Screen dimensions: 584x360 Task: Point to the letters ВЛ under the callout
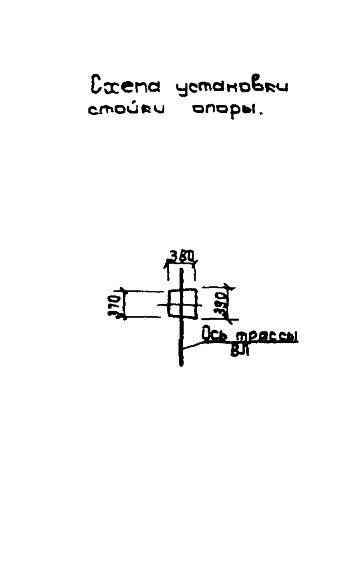(240, 351)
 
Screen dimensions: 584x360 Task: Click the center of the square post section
(182, 304)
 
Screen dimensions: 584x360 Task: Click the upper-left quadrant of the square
(174, 297)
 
